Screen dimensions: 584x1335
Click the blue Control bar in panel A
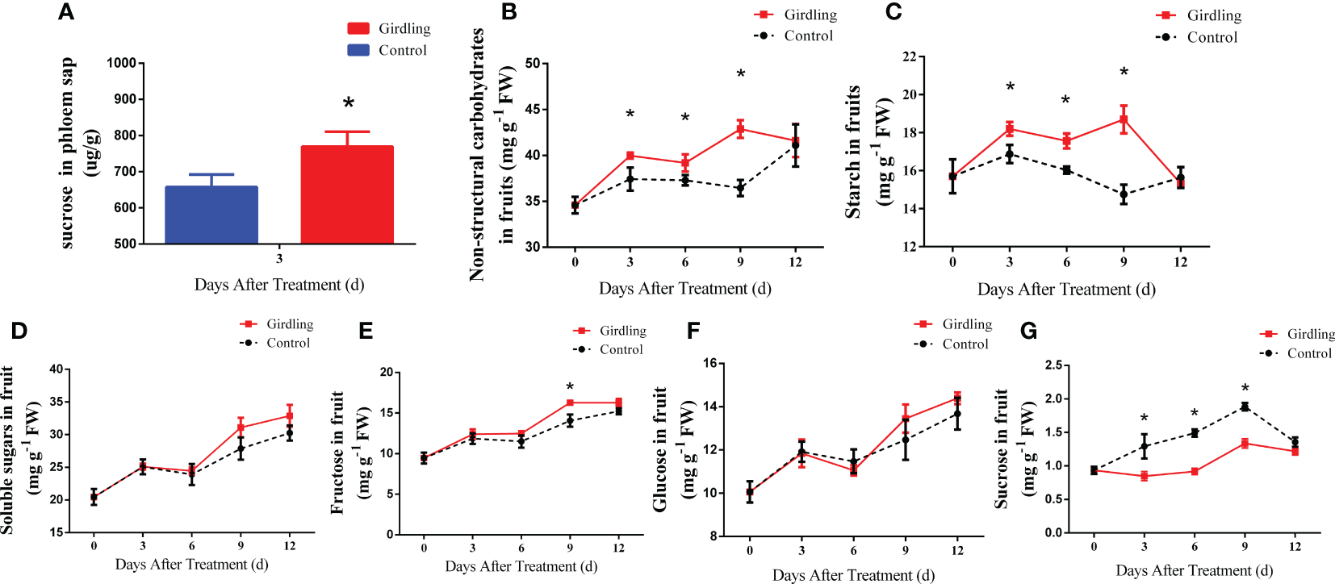pos(211,215)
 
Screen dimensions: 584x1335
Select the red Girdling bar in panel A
pos(347,195)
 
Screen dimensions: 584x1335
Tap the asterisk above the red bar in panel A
pos(349,103)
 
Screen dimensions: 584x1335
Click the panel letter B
pos(508,12)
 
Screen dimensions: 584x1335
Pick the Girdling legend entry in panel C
pos(1198,15)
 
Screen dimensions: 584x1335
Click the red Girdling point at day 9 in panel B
pos(740,129)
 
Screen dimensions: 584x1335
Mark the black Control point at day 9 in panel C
pos(1124,194)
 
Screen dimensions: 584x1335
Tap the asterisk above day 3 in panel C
pos(1010,87)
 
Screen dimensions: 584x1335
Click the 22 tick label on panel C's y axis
pos(910,57)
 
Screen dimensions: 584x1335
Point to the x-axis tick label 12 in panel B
pos(796,262)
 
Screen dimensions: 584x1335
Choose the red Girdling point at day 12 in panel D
pos(290,416)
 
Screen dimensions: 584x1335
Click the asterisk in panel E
pos(570,387)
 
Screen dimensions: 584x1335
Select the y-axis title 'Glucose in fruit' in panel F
pos(660,449)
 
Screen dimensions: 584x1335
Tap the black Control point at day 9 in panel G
pos(1245,407)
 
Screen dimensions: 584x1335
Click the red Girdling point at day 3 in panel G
pos(1144,477)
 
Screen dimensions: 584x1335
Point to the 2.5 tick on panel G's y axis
pos(1053,366)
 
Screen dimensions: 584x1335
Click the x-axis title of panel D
pos(191,565)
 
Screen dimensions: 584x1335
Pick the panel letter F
pos(693,331)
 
